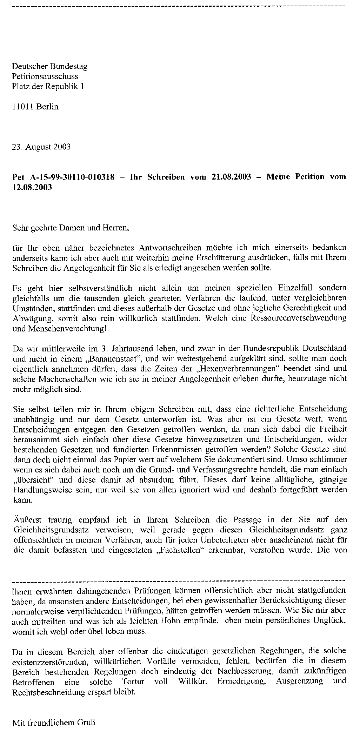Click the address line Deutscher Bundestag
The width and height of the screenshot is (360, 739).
click(x=49, y=66)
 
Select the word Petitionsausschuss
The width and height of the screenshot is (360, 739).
click(x=45, y=76)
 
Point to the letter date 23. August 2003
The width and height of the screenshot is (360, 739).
click(x=41, y=147)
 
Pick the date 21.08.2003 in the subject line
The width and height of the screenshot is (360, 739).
click(x=232, y=177)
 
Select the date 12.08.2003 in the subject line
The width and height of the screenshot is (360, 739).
click(x=32, y=187)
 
